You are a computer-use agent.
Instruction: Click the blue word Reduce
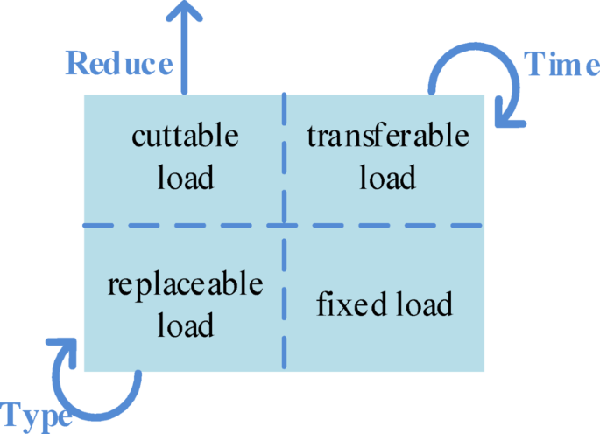119,64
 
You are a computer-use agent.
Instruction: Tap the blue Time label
561,65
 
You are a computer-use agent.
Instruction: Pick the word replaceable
185,285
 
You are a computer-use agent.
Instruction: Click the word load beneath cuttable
185,178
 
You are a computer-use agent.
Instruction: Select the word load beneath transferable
387,178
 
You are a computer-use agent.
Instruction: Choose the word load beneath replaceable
185,326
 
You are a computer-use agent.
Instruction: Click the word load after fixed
418,305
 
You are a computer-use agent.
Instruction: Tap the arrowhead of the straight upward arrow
183,12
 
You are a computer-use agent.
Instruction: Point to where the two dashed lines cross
284,226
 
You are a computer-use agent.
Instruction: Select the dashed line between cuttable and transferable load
284,157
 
